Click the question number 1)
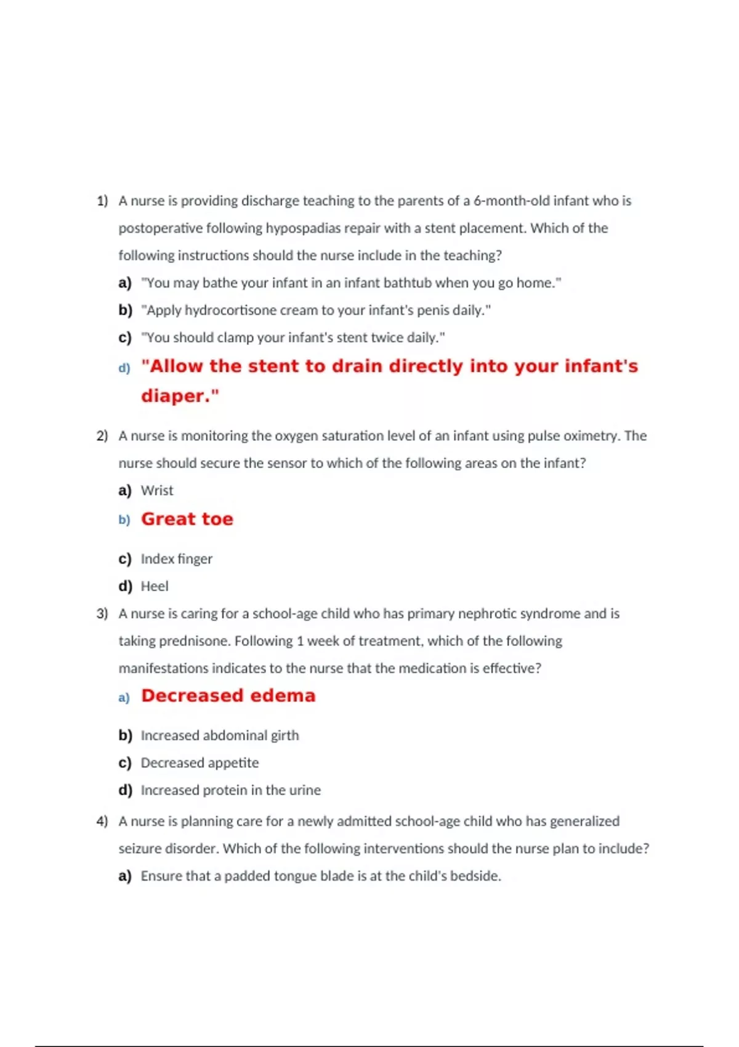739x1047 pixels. point(102,201)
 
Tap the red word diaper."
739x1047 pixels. point(180,395)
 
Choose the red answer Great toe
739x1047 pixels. point(187,519)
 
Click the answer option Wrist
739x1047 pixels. point(157,491)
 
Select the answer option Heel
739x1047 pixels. point(155,586)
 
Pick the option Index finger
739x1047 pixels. point(176,559)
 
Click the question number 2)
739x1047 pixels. point(102,436)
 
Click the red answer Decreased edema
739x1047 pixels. point(228,696)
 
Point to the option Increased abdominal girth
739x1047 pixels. point(219,735)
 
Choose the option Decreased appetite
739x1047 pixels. point(200,763)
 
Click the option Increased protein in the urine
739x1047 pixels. point(230,790)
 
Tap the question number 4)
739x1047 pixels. point(102,822)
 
